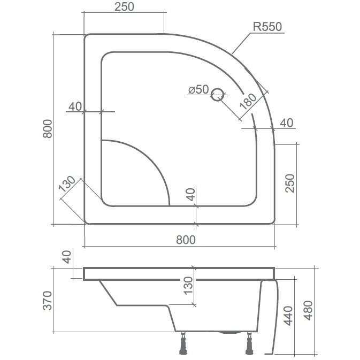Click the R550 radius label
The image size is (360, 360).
[x=267, y=27]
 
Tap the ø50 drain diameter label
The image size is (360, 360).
[x=198, y=89]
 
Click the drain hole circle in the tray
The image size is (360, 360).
[x=217, y=94]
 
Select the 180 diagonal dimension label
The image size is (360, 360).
[x=248, y=101]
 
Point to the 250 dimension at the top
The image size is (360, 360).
[x=124, y=6]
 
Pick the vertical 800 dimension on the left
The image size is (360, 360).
[x=48, y=128]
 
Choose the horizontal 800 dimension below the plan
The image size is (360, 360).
[x=186, y=240]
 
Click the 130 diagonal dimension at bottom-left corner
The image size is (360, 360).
[x=67, y=183]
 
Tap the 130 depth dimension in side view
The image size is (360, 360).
[x=188, y=286]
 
